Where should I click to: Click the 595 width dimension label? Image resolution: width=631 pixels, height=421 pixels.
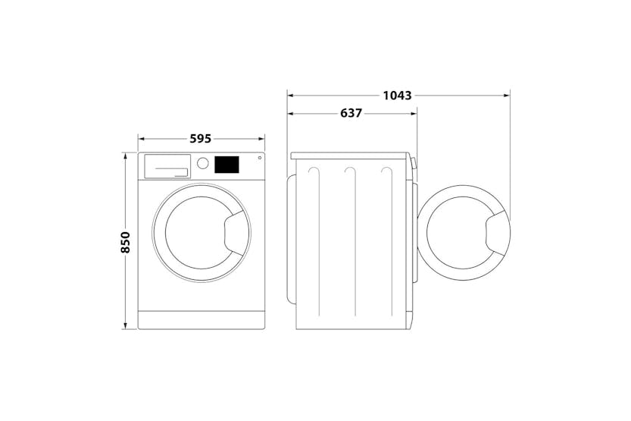click(x=201, y=139)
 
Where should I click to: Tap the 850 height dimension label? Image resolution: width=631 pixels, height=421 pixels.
click(x=126, y=242)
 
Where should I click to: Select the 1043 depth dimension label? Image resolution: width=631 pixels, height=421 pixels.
click(x=397, y=96)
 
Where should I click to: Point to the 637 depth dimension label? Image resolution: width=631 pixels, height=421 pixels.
click(x=351, y=114)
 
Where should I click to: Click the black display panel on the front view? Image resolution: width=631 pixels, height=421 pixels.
click(x=226, y=165)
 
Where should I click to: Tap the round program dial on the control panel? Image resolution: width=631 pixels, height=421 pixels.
click(x=203, y=163)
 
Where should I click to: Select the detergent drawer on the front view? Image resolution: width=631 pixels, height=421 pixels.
click(x=167, y=166)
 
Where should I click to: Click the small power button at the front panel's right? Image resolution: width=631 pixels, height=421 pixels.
click(x=260, y=158)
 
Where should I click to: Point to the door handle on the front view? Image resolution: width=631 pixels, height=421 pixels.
click(x=235, y=233)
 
